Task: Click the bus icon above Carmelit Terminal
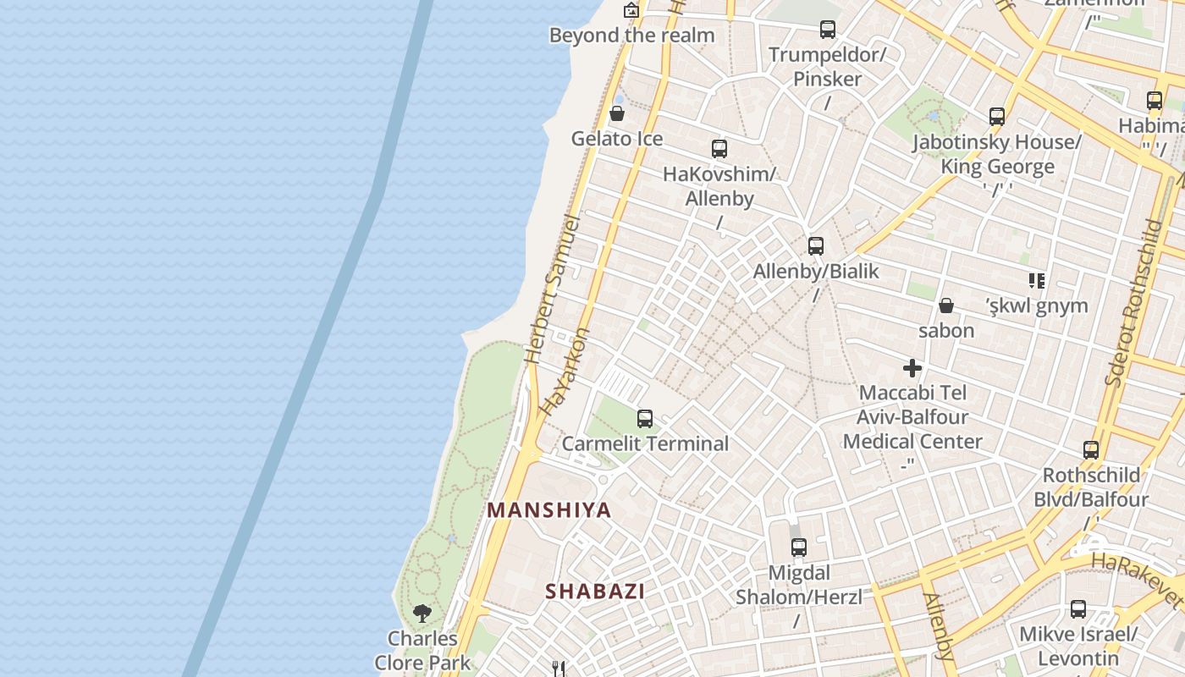pos(645,418)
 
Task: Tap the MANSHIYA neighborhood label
pos(549,510)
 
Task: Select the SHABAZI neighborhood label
pos(595,592)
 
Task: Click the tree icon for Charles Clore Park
pos(422,613)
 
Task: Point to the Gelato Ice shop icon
pos(617,113)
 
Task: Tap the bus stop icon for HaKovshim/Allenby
pos(719,149)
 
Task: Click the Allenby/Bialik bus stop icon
pos(816,246)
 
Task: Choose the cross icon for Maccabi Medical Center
pos(912,368)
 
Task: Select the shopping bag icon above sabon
pos(946,305)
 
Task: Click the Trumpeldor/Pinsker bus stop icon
pos(828,30)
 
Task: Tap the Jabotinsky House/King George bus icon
pos(997,117)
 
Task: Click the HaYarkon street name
pos(564,372)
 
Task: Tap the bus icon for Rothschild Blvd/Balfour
pos(1091,450)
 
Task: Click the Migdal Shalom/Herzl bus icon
pos(799,548)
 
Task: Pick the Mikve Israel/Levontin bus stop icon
pos(1078,609)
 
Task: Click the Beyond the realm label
pos(632,36)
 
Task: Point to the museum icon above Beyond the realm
pos(631,10)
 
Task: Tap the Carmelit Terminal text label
pos(645,443)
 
